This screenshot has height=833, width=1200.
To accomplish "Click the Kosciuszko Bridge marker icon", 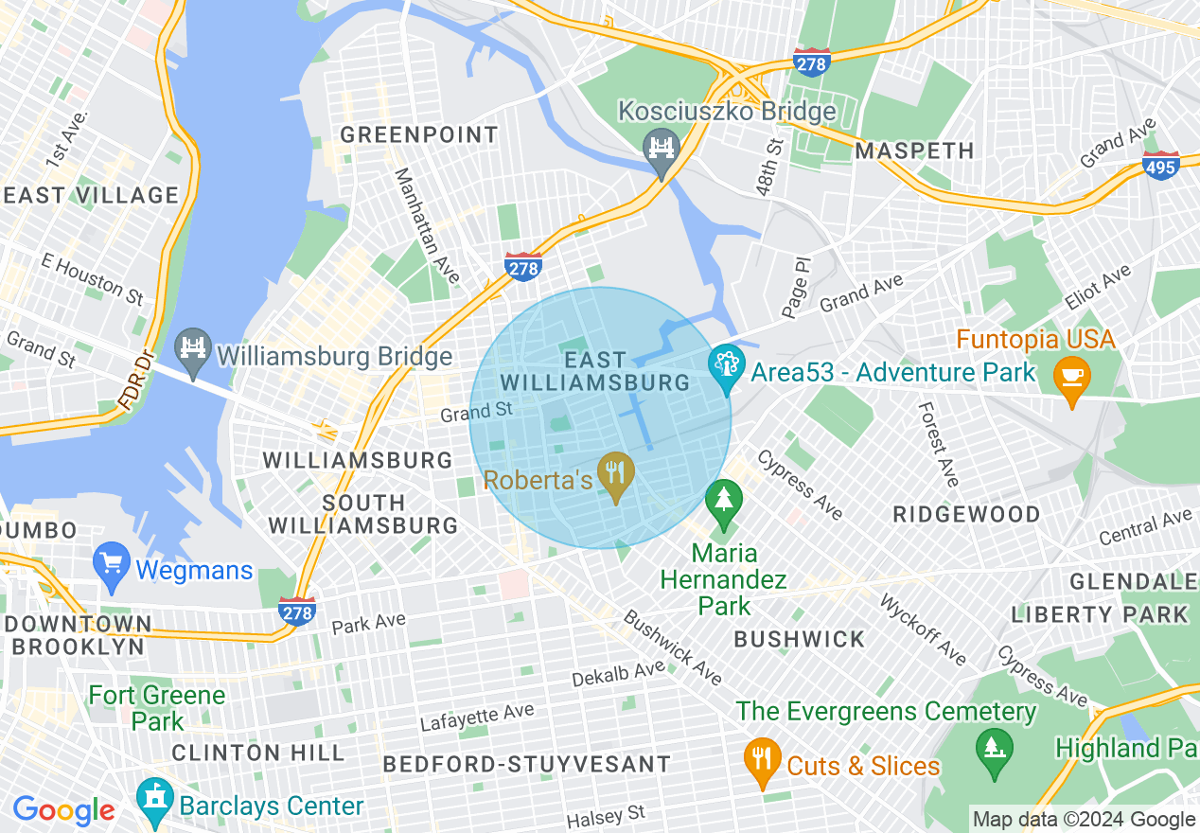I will (662, 150).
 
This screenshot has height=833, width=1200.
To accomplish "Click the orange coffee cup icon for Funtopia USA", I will (1071, 375).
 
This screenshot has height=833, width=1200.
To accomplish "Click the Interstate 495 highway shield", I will (1161, 165).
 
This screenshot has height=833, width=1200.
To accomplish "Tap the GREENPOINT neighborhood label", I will (418, 134).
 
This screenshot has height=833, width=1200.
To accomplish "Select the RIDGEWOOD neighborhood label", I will (966, 514).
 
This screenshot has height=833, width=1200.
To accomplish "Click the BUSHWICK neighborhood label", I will (800, 639).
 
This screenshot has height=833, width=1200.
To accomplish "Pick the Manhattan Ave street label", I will (427, 225).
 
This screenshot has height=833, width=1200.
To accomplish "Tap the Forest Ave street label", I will (938, 444).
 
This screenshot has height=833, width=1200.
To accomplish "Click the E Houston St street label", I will (92, 278).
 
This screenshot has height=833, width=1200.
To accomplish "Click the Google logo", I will (63, 810).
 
